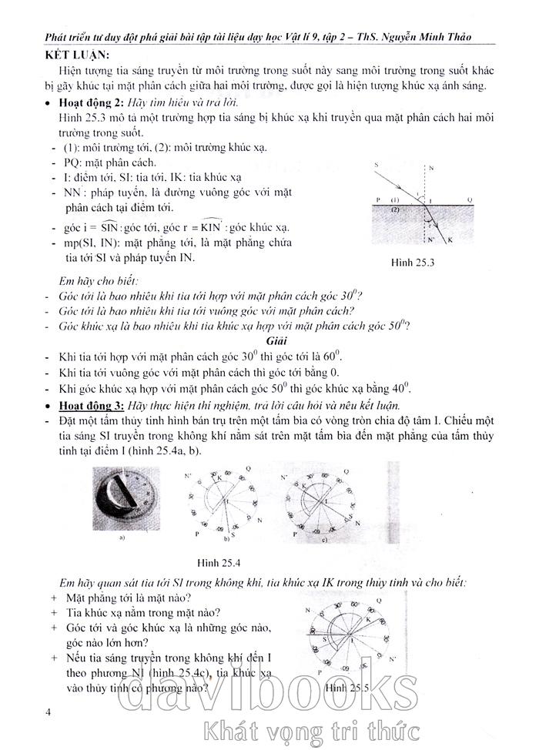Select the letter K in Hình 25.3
[x=449, y=241]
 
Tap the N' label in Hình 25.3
[x=431, y=239]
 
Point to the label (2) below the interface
[x=395, y=209]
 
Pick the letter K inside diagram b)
[x=218, y=478]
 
